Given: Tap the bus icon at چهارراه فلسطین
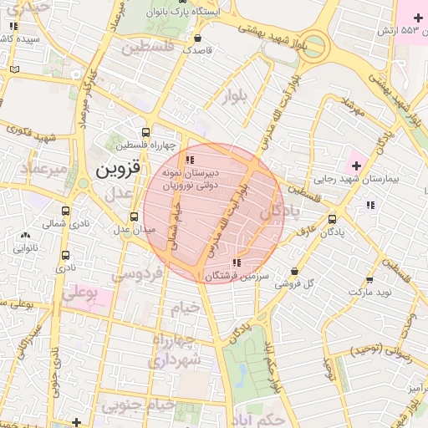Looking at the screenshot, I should pos(146,132).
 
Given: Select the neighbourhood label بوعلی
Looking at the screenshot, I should pos(81,293).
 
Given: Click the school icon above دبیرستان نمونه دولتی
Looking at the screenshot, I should pos(191,159).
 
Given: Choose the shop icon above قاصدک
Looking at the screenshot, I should pos(197,38).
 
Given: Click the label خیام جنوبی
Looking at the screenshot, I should pos(139,405).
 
